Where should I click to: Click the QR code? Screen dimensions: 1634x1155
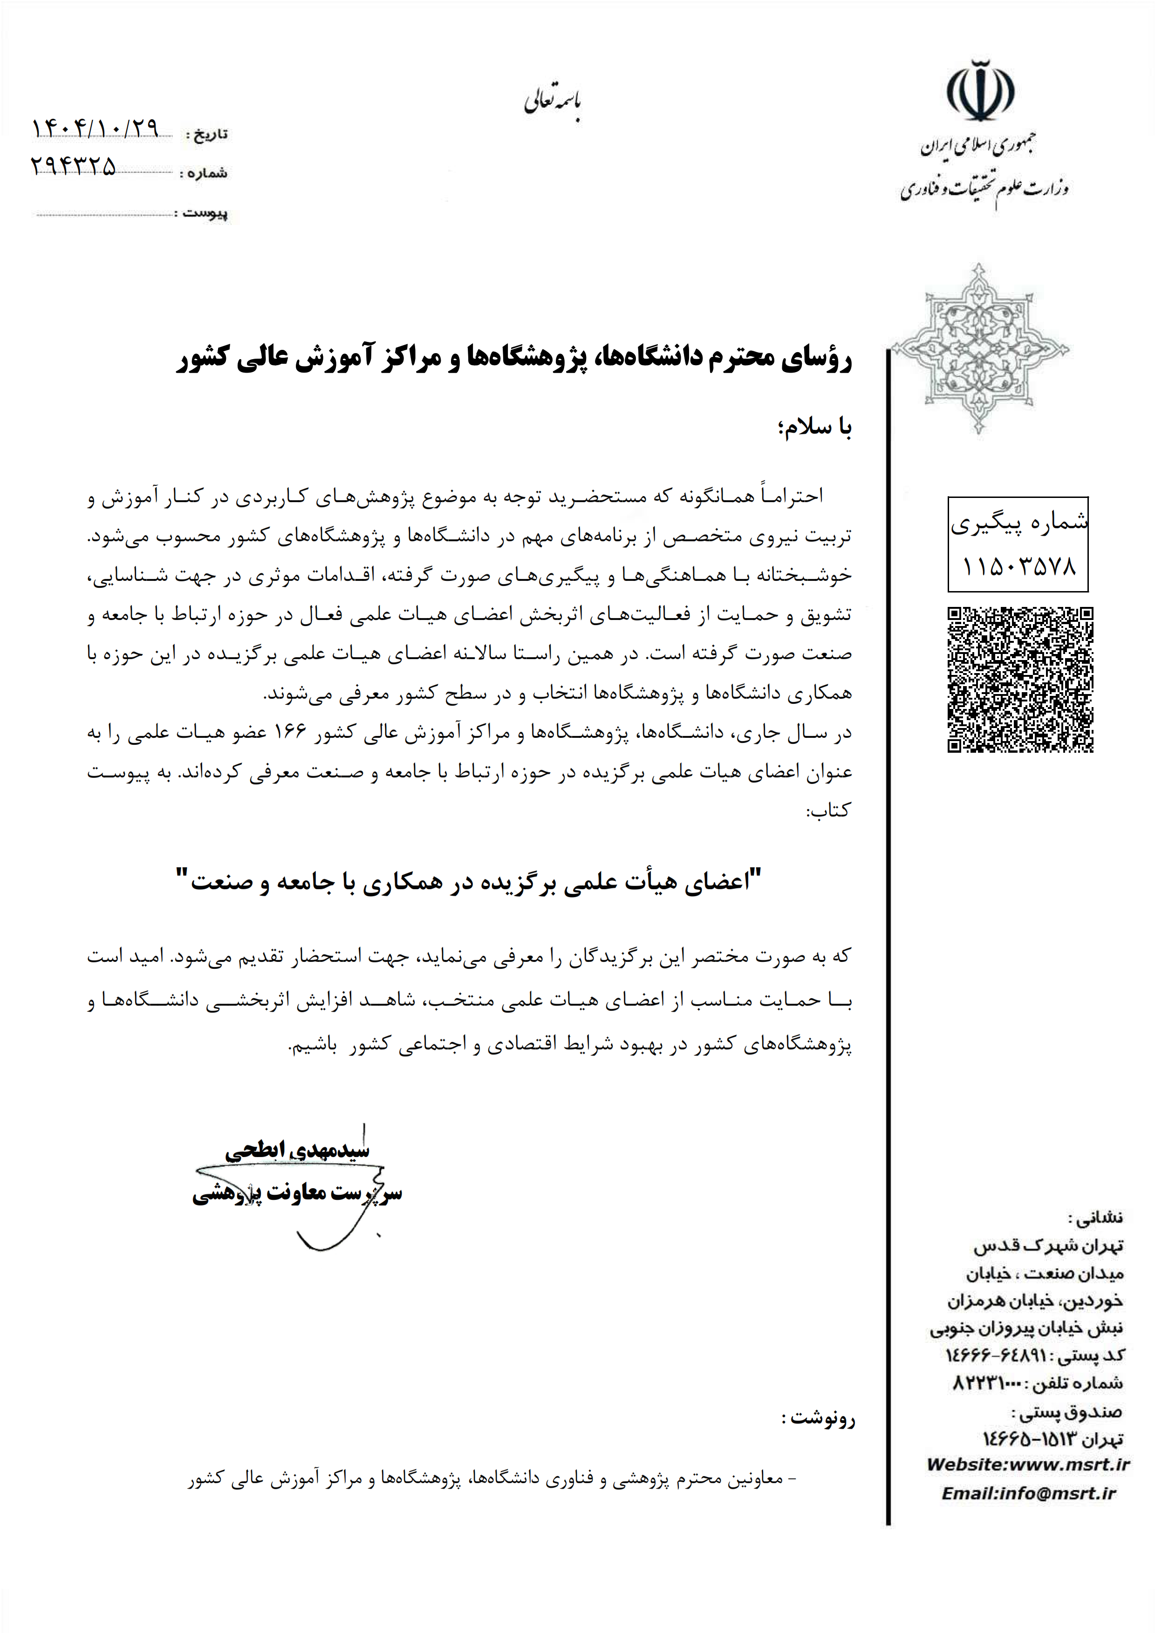pyautogui.click(x=1020, y=679)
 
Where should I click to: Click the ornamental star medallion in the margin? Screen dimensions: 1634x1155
pyautogui.click(x=980, y=349)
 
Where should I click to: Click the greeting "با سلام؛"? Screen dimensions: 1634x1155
pyautogui.click(x=815, y=427)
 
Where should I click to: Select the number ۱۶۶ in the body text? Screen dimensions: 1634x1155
pyautogui.click(x=290, y=732)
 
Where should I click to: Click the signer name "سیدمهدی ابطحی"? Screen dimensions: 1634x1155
pyautogui.click(x=297, y=1150)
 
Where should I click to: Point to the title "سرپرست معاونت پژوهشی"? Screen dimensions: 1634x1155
pyautogui.click(x=297, y=1193)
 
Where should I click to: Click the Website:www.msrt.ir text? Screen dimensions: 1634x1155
pyautogui.click(x=1028, y=1464)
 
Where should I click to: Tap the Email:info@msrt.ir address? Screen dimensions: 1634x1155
pyautogui.click(x=1028, y=1493)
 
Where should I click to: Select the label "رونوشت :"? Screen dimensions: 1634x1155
pyautogui.click(x=819, y=1418)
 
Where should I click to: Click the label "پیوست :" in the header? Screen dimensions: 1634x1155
pyautogui.click(x=205, y=213)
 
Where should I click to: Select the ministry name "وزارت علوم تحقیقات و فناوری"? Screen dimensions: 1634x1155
pyautogui.click(x=984, y=189)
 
